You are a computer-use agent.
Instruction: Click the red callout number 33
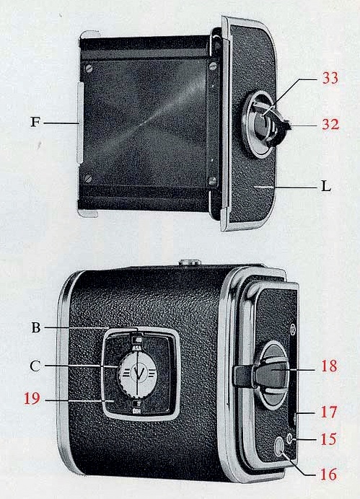click(x=330, y=78)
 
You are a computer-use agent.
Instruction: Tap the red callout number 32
click(x=330, y=124)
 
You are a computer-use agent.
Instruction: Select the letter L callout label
click(x=325, y=186)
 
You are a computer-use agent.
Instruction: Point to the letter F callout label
click(x=35, y=122)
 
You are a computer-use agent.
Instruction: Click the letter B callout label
click(x=36, y=327)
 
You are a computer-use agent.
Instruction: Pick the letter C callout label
click(x=35, y=366)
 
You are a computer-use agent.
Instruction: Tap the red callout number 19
click(x=32, y=399)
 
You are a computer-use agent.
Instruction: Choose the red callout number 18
click(x=329, y=366)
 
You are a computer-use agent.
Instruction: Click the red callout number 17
click(x=328, y=412)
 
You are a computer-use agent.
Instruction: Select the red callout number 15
click(x=328, y=439)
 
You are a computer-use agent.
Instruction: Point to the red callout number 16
click(x=328, y=474)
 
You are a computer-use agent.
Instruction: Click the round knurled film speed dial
click(x=137, y=374)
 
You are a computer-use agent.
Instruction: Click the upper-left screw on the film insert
click(x=89, y=68)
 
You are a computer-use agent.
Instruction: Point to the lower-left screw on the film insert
click(x=88, y=179)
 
